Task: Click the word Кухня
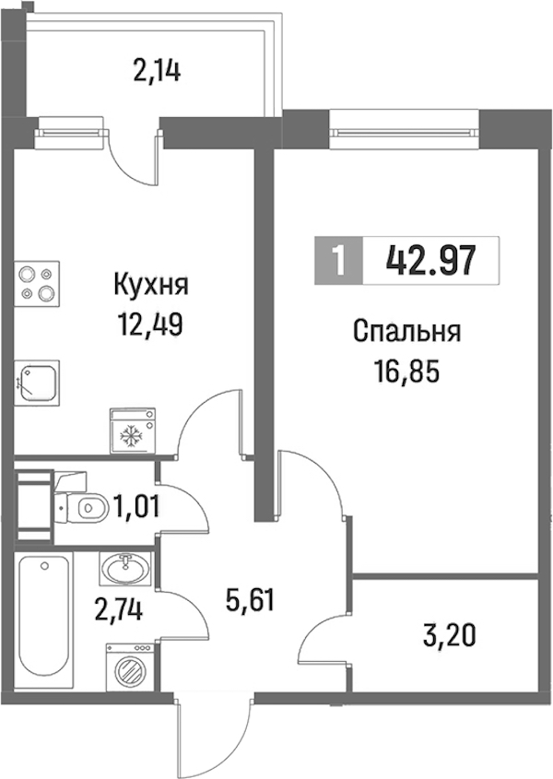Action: tap(151, 285)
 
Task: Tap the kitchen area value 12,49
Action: tap(150, 325)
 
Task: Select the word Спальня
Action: tap(407, 331)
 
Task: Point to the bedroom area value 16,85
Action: tap(407, 372)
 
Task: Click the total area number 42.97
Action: tap(430, 261)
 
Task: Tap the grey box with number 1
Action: tap(339, 261)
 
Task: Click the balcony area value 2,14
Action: tap(158, 71)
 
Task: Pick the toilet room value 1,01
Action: tap(136, 507)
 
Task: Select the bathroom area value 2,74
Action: tap(119, 609)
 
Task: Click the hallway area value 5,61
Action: tap(250, 601)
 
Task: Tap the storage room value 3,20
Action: tap(450, 636)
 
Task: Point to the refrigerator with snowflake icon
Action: tap(132, 431)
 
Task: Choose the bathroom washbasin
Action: tap(124, 568)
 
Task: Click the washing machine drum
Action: tap(129, 672)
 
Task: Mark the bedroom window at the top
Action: tap(404, 132)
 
